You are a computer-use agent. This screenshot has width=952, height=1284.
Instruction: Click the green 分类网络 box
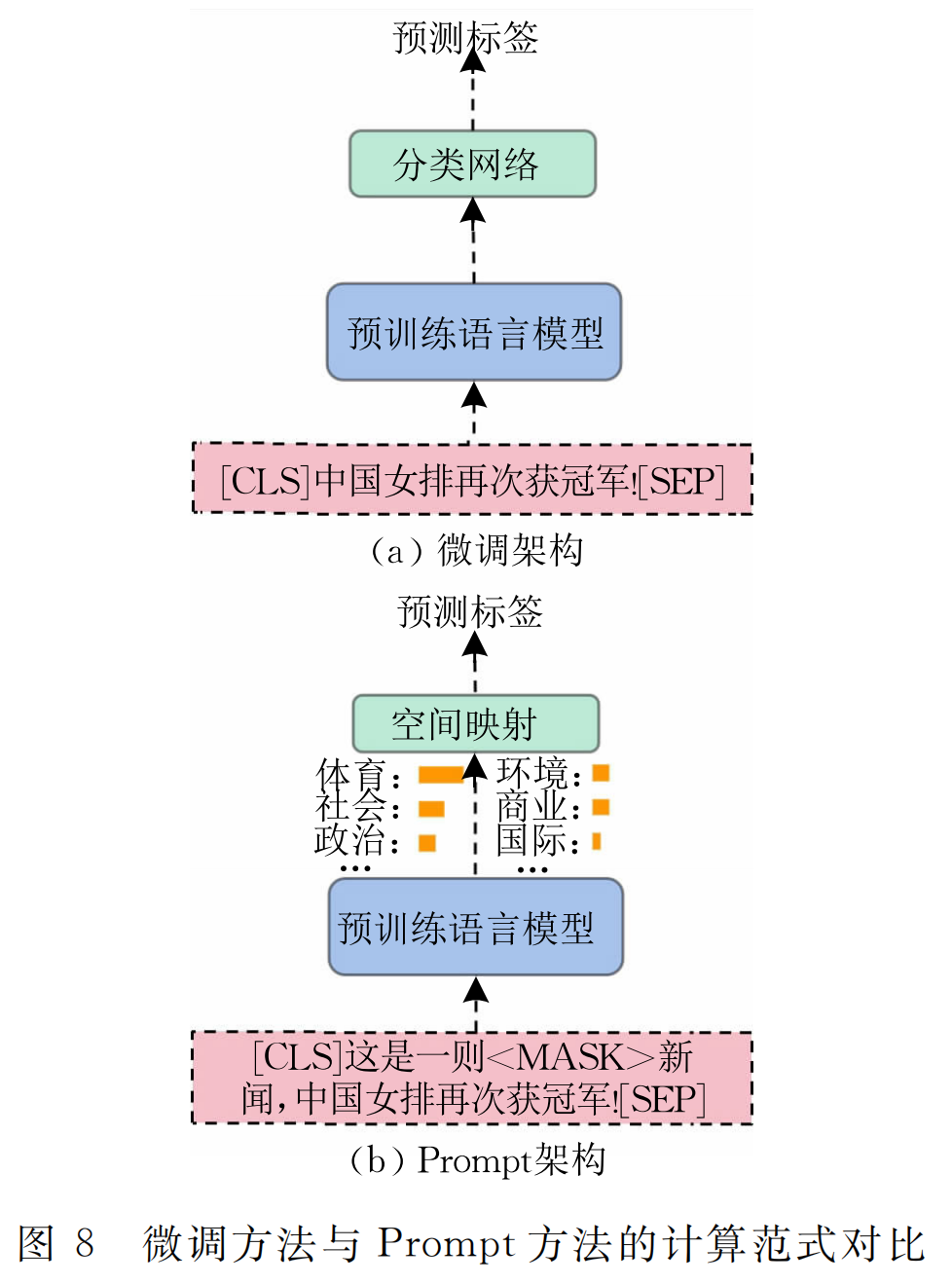coord(472,164)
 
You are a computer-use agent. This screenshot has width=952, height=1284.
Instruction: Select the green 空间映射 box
coord(475,723)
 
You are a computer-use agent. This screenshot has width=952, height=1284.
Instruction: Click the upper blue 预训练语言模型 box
coord(473,332)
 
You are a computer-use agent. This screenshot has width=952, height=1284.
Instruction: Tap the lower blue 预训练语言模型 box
coord(475,927)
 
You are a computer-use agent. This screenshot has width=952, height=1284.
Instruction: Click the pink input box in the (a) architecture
coord(472,479)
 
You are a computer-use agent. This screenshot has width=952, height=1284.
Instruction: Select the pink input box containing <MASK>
coord(472,1078)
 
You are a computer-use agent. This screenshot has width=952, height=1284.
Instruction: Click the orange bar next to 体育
coord(440,775)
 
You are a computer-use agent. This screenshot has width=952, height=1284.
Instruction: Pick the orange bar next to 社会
coord(431,808)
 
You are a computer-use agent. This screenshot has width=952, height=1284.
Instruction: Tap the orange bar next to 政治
coord(426,842)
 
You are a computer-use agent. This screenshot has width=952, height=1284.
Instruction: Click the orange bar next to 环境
coord(601,773)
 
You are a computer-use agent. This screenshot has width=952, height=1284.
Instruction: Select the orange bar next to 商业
coord(601,807)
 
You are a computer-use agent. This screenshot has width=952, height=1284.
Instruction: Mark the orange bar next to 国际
coord(597,841)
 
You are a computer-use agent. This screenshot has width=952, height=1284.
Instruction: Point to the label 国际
coord(531,840)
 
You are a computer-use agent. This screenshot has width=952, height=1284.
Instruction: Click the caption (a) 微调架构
coord(477,551)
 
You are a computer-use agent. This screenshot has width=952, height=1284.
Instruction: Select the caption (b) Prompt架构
coord(477,1159)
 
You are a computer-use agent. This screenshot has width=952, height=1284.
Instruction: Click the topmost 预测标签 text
coord(465,37)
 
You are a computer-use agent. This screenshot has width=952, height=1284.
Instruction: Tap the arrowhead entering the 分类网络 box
coord(473,209)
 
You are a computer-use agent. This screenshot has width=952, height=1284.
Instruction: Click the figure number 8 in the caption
coord(85,1243)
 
